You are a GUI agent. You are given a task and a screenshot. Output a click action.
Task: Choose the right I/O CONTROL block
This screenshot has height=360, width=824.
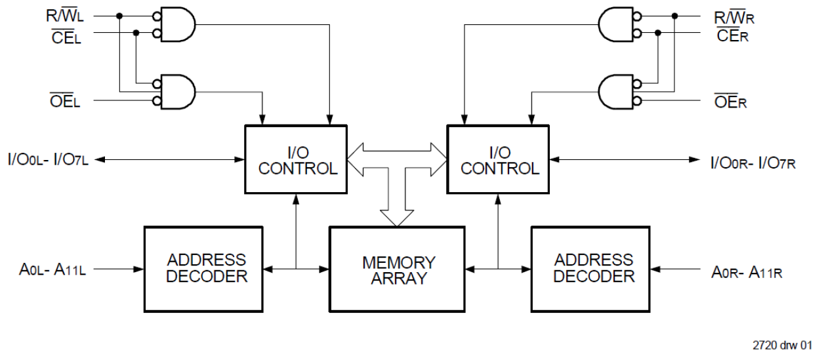(499, 159)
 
